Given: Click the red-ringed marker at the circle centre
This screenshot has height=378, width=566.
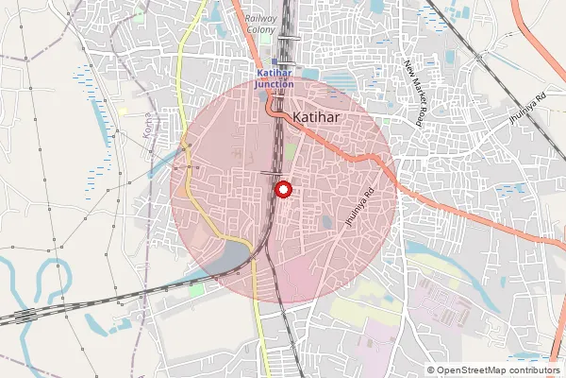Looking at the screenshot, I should click(x=282, y=189).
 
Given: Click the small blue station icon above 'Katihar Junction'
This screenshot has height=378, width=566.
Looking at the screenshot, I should click(x=275, y=62).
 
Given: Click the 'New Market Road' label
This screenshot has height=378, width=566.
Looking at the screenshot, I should click(x=412, y=93).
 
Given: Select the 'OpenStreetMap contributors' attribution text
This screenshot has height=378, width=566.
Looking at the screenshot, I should click(x=498, y=369).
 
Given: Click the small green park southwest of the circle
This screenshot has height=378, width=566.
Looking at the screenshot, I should click(x=196, y=290).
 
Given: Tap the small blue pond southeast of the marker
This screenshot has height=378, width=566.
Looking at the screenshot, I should click(x=325, y=222).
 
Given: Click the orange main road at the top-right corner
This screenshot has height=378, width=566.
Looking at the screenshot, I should click(x=550, y=38).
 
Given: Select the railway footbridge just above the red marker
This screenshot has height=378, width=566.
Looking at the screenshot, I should click(x=272, y=173).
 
